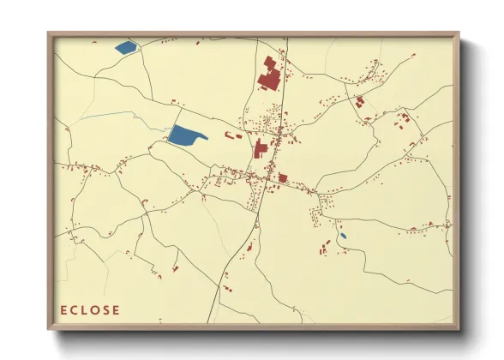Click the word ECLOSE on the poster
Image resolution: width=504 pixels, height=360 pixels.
coord(90,310)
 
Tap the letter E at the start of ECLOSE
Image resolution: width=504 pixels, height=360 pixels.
coord(64,310)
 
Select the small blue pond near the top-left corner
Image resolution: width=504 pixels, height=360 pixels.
coord(125,47)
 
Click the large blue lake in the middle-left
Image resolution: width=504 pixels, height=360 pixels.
coord(185,135)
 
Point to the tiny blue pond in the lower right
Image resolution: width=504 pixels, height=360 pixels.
coord(343,236)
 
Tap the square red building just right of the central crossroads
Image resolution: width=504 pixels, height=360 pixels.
coord(283,178)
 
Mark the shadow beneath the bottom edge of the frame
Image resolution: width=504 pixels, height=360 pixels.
coord(257,341)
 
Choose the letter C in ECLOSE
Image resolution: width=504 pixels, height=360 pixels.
coord(75,310)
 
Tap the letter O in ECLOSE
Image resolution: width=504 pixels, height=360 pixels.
coord(94,310)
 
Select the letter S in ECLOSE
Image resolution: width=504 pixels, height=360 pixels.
coord(105,310)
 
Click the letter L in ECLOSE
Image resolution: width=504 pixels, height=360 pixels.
coord(85,310)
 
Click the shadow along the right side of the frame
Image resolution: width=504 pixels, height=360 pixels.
coord(466,189)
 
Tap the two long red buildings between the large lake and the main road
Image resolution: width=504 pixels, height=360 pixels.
coord(233,135)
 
